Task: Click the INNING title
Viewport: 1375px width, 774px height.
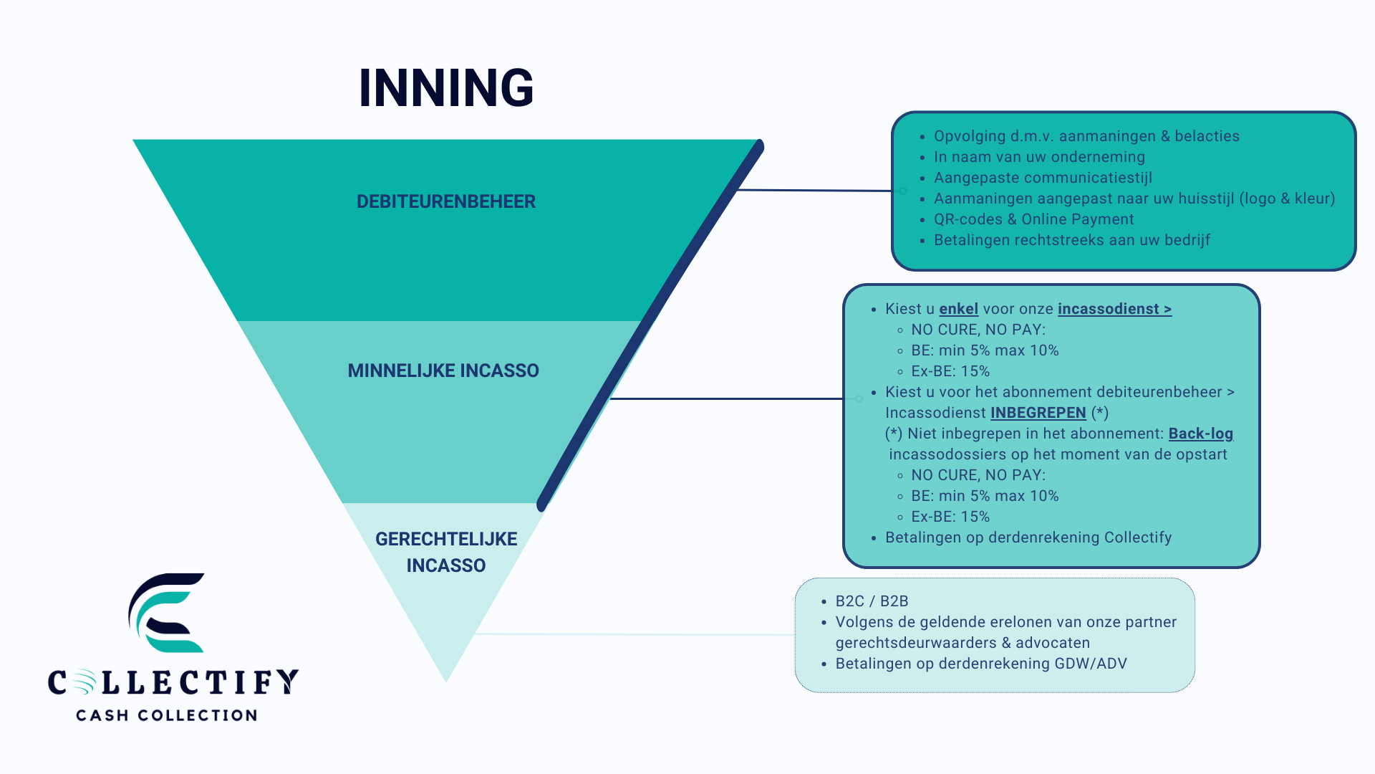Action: click(x=445, y=88)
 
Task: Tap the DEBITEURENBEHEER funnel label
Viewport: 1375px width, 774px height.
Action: click(x=445, y=201)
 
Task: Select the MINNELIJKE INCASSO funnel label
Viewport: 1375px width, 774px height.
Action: click(x=443, y=371)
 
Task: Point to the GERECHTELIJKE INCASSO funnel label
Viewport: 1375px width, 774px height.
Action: click(x=445, y=552)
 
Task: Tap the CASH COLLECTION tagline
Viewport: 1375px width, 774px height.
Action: click(x=166, y=715)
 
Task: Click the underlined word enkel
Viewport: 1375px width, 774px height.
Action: click(x=958, y=309)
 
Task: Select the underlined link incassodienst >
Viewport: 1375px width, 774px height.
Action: click(x=1114, y=309)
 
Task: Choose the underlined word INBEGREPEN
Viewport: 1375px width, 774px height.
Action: click(x=1038, y=413)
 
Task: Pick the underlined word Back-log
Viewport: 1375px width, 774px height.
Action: click(x=1200, y=434)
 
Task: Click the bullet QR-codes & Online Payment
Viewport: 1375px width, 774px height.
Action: click(x=1033, y=219)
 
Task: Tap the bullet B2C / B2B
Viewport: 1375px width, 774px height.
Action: click(x=872, y=601)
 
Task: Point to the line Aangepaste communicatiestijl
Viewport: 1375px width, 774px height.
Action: click(x=1043, y=178)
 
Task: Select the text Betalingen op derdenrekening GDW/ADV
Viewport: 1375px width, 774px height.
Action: click(x=980, y=664)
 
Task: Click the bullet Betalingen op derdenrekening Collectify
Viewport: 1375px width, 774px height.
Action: click(x=1028, y=537)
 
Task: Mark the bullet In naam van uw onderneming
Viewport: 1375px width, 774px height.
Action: click(x=1039, y=157)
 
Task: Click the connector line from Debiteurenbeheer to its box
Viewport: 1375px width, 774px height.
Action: click(x=816, y=191)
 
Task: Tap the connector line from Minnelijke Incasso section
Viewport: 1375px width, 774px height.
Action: click(x=727, y=398)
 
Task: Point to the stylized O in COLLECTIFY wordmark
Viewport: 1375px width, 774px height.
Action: click(x=83, y=682)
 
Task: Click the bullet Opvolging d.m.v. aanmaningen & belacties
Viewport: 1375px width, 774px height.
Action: click(x=1086, y=136)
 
